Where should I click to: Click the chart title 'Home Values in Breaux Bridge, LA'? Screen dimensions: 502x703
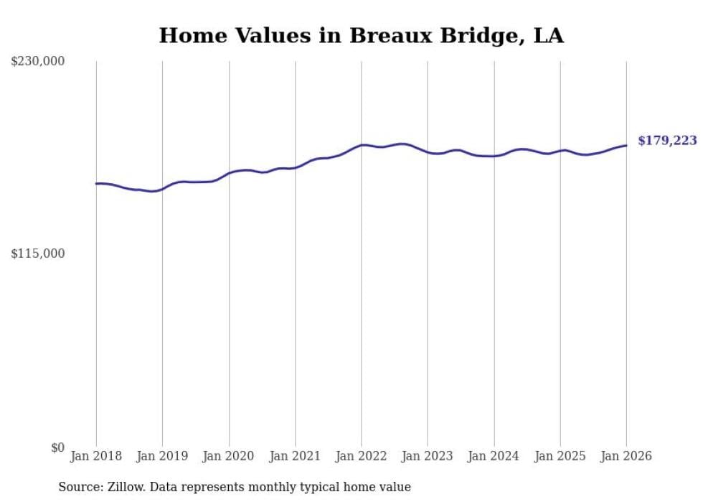[x=361, y=35]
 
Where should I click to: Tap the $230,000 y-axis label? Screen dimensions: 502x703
[x=37, y=62]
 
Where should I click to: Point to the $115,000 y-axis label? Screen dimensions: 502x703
[x=37, y=254]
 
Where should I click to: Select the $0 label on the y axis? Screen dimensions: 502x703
[x=57, y=447]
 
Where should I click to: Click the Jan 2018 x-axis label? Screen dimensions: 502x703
[x=96, y=456]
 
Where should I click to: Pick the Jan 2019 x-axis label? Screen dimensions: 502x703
[x=163, y=456]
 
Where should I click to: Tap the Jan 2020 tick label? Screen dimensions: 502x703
[x=229, y=456]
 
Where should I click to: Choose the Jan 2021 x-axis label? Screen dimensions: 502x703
[x=295, y=456]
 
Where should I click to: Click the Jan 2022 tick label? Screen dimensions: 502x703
[x=362, y=456]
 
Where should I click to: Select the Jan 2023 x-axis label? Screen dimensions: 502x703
[x=428, y=456]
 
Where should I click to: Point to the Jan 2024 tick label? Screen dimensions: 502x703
[x=494, y=456]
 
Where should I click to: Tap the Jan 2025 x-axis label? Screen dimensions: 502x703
[x=560, y=456]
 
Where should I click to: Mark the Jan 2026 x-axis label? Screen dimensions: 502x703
[x=626, y=456]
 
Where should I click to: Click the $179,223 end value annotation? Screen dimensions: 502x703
[x=667, y=141]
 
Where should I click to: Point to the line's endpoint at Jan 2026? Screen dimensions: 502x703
[x=626, y=146]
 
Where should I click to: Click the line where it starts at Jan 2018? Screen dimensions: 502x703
[x=96, y=184]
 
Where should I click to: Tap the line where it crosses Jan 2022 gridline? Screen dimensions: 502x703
[x=362, y=145]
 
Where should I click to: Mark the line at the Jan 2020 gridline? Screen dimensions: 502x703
[x=229, y=173]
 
